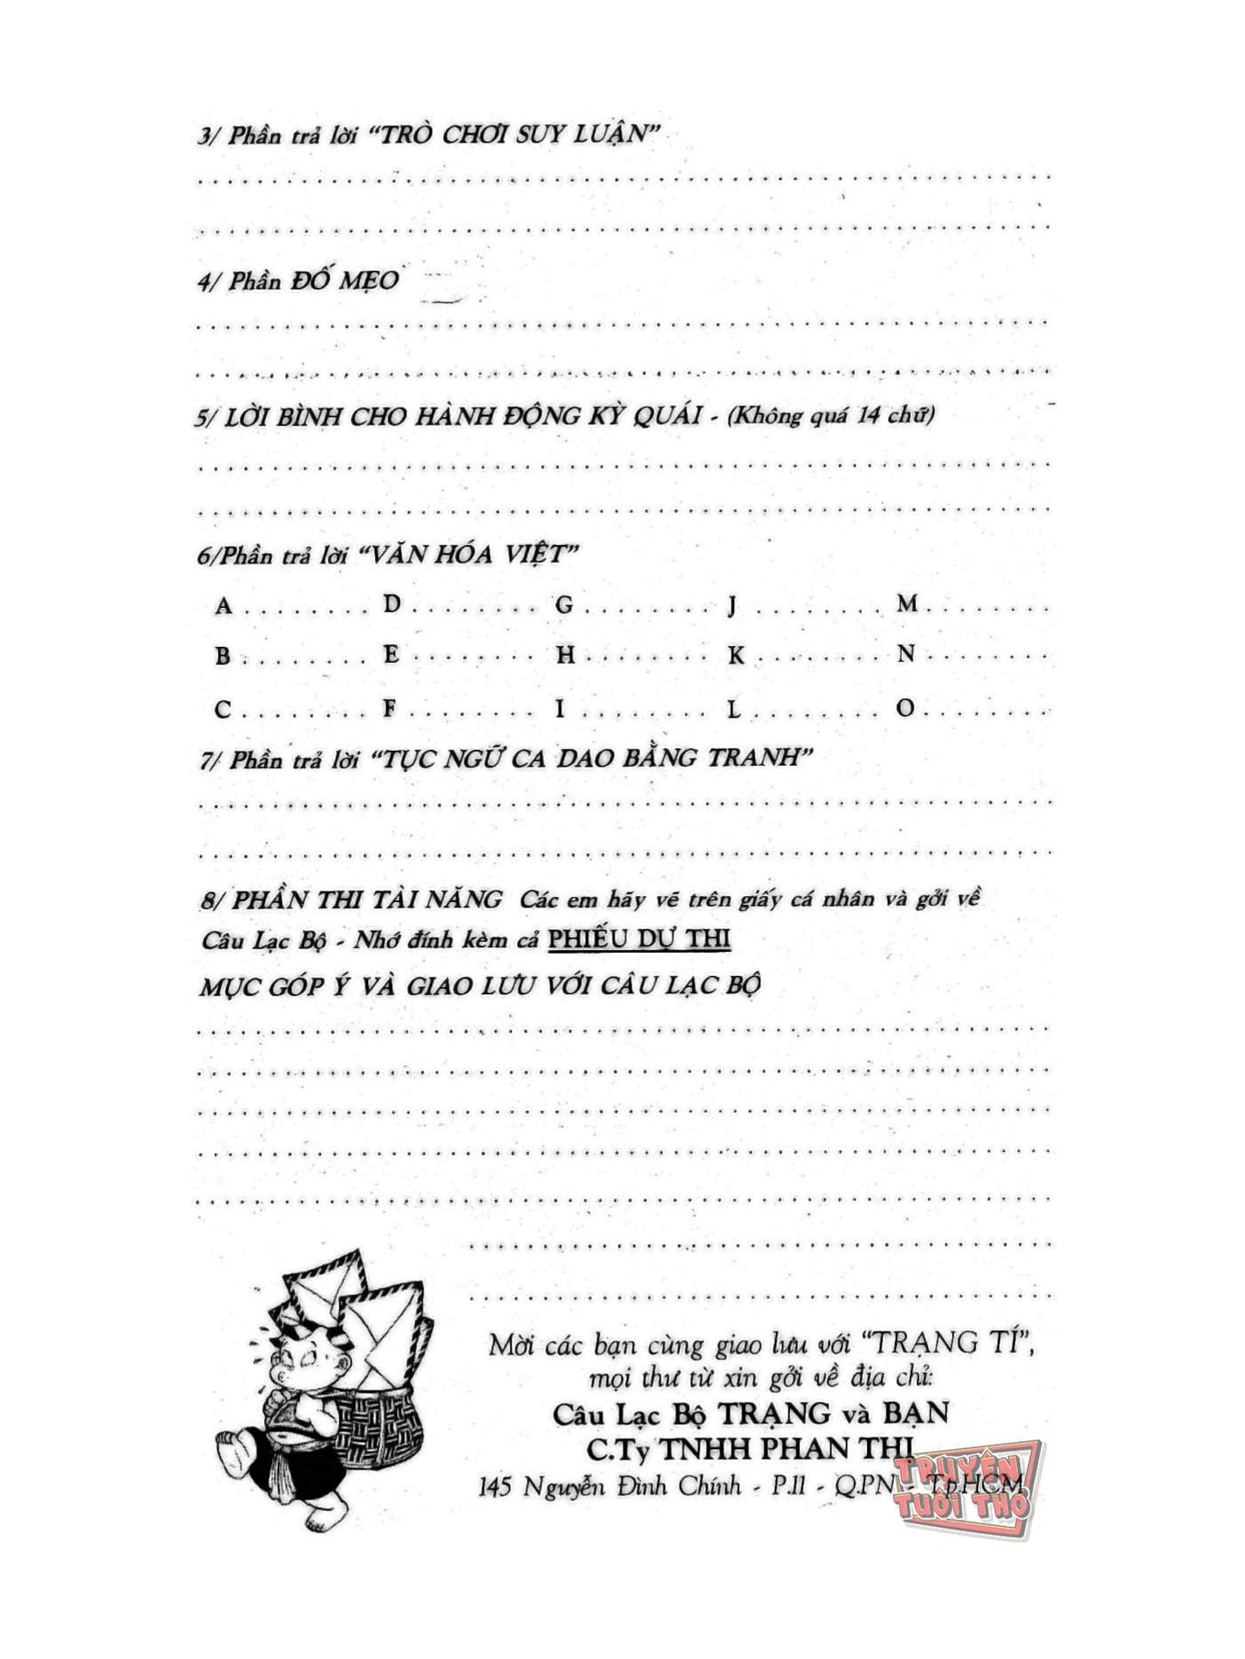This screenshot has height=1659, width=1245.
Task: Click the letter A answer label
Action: point(223,606)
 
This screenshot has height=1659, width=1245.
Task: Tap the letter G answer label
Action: point(564,605)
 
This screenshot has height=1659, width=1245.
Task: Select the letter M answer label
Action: point(907,604)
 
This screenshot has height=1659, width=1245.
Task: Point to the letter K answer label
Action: point(736,656)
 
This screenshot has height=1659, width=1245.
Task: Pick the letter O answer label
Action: point(905,708)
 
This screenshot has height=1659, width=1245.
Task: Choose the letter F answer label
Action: point(389,708)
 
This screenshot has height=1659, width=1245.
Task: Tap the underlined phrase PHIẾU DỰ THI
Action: point(639,939)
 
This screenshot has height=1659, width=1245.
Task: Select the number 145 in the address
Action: point(495,1486)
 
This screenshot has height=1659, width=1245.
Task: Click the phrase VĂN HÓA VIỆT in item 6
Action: point(469,556)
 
